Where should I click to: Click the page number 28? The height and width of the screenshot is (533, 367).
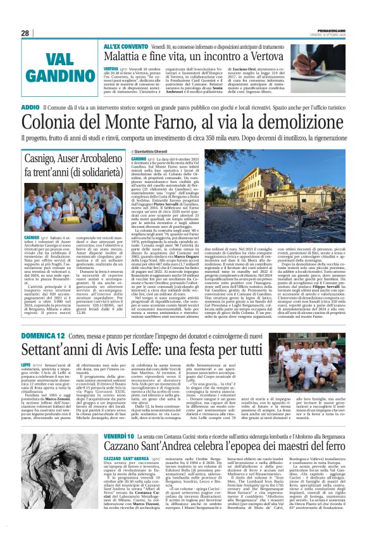pos(25,33)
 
